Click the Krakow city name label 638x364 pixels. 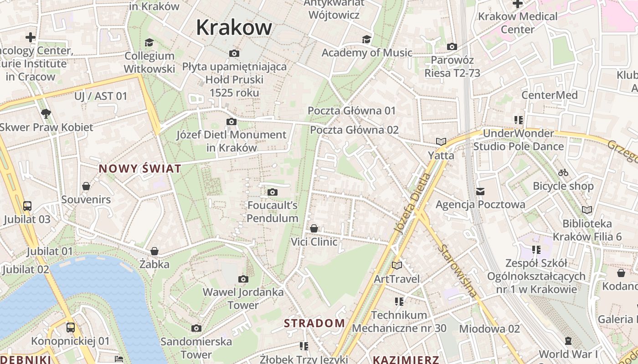(234, 27)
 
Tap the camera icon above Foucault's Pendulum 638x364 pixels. (273, 192)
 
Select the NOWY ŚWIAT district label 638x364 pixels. (140, 169)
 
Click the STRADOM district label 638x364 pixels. (314, 324)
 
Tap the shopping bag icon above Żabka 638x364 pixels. (154, 251)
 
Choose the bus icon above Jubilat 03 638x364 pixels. (27, 206)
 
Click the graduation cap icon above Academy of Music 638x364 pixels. (366, 39)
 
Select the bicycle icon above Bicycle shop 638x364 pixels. (563, 172)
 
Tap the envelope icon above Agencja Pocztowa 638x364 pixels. (480, 192)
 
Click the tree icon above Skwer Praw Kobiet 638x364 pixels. (46, 114)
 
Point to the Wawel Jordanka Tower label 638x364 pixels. (243, 298)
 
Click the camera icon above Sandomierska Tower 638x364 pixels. (196, 328)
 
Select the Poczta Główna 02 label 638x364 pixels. (354, 130)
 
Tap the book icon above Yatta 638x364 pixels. (441, 142)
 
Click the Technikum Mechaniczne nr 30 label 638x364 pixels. (399, 321)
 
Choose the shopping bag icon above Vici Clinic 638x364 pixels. (314, 228)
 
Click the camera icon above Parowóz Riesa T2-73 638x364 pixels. (452, 46)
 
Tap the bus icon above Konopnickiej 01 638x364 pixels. (71, 327)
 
